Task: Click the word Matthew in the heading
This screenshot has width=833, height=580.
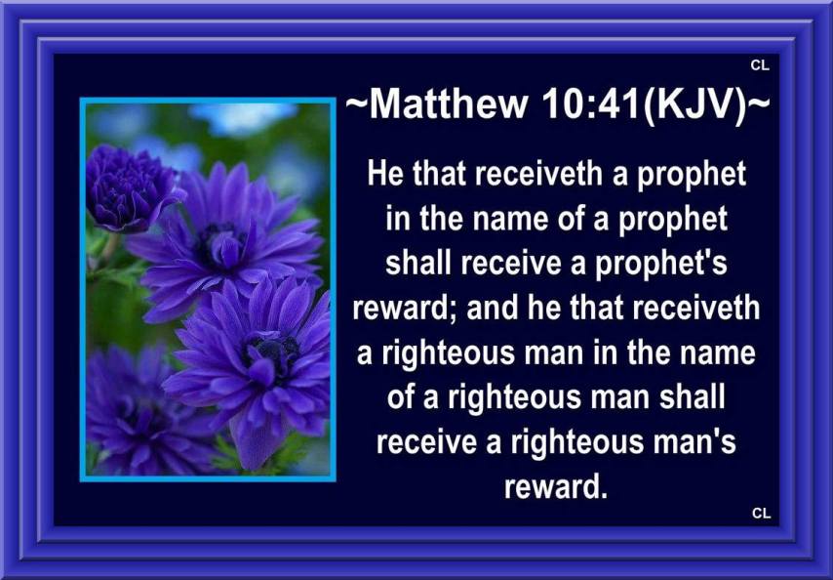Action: pyautogui.click(x=449, y=104)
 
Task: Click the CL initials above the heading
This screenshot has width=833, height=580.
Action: pyautogui.click(x=760, y=65)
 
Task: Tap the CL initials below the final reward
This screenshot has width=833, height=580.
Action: pyautogui.click(x=761, y=513)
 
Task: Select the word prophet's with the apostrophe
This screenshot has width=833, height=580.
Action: pyautogui.click(x=660, y=264)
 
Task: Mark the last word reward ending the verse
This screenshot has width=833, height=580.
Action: pyautogui.click(x=555, y=486)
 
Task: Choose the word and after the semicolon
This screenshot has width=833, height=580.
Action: pyautogui.click(x=492, y=309)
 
